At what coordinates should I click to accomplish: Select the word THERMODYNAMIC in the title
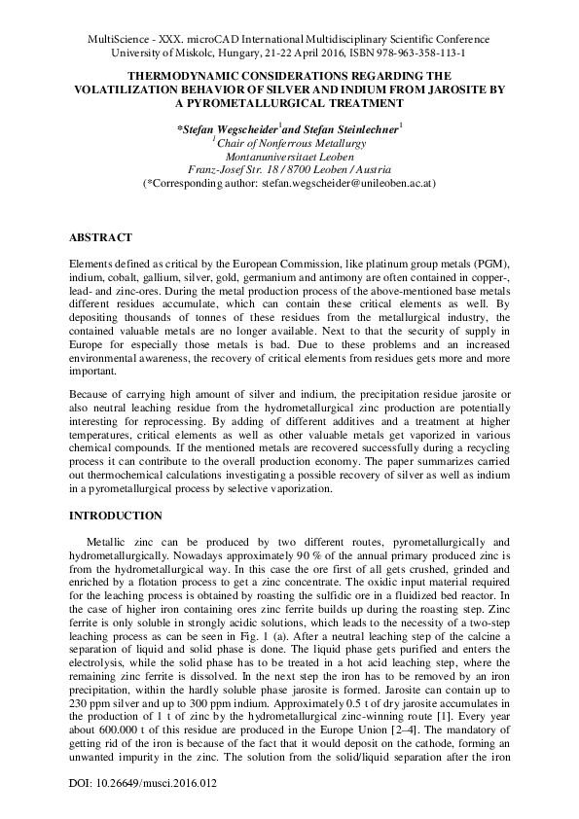[193, 74]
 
